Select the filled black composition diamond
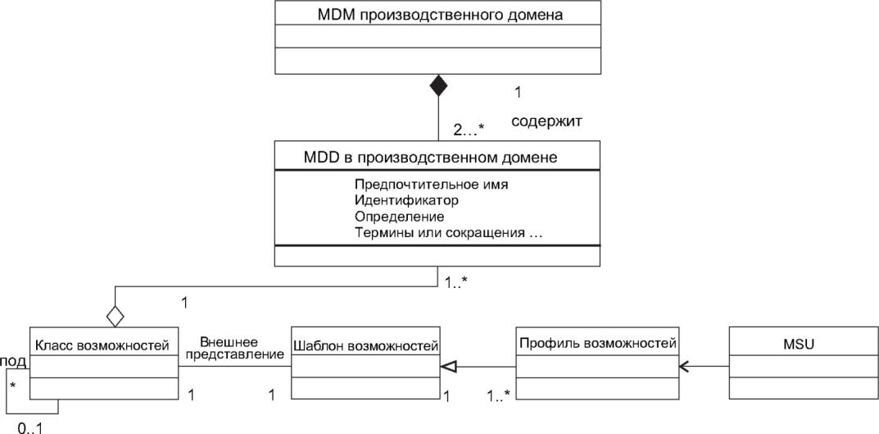[437, 86]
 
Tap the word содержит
[546, 121]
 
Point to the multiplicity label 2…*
[468, 130]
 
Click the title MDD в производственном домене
[431, 158]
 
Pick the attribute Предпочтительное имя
[432, 184]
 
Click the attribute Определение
[399, 216]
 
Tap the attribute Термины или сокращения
[439, 232]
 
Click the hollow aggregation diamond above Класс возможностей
[115, 315]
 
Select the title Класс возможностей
[103, 345]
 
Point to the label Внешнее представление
[234, 348]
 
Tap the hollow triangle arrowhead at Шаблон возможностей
[447, 367]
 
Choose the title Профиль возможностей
[596, 342]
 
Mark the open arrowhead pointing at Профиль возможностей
[684, 367]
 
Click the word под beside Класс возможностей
[13, 359]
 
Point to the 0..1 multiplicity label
[30, 429]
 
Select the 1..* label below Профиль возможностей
[498, 395]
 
